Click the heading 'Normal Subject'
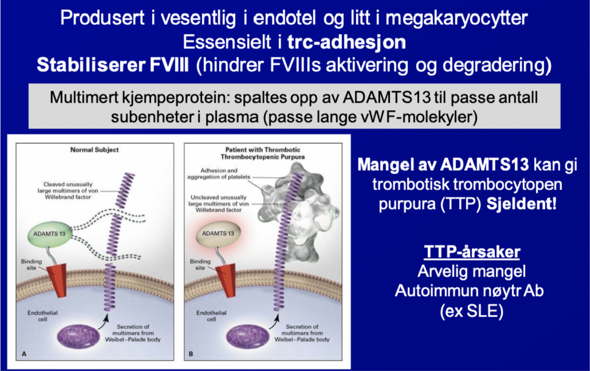95,150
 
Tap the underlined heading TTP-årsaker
472,252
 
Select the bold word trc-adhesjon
347,42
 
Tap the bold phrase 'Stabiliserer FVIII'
113,65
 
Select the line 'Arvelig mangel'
472,271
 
